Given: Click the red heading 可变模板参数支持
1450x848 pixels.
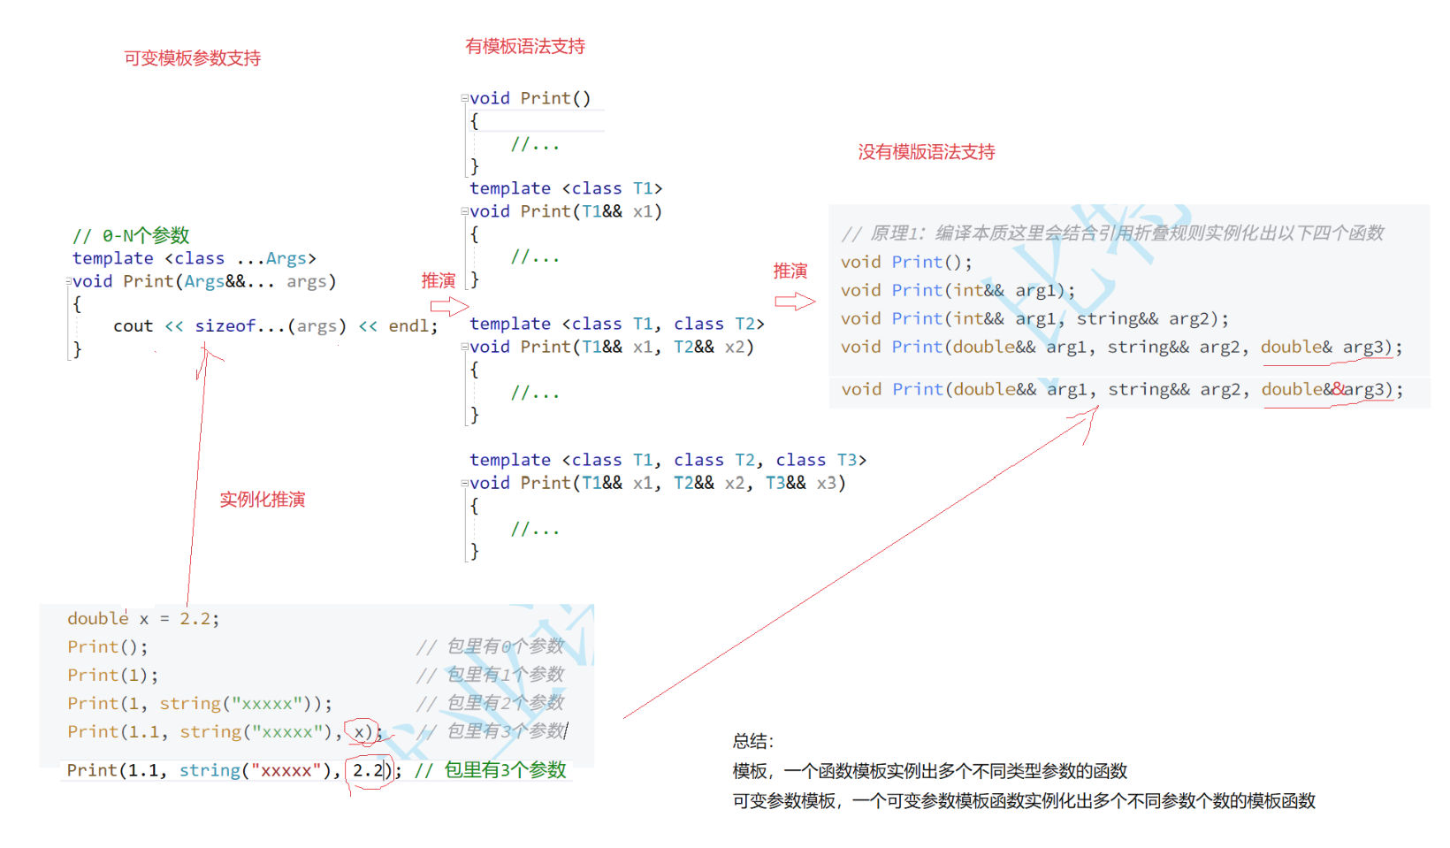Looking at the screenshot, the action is pyautogui.click(x=192, y=58).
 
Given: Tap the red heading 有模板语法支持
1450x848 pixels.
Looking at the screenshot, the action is pyautogui.click(x=525, y=47).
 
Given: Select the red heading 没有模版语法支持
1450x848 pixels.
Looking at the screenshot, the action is pyautogui.click(x=926, y=152).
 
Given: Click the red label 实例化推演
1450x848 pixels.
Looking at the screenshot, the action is pyautogui.click(x=262, y=500).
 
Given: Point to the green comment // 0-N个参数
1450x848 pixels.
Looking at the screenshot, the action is pyautogui.click(x=131, y=235).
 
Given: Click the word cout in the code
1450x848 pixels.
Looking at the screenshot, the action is pyautogui.click(x=133, y=326).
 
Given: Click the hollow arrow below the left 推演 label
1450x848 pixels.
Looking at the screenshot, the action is pyautogui.click(x=449, y=306).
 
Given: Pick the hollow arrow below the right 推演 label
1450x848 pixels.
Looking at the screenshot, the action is pyautogui.click(x=794, y=302).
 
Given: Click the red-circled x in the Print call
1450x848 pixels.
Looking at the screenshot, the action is pyautogui.click(x=361, y=731).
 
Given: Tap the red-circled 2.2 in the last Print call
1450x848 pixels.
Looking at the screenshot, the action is pyautogui.click(x=368, y=770).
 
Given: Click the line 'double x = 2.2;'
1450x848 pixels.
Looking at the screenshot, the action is pyautogui.click(x=143, y=619).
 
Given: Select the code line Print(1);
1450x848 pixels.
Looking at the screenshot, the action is pyautogui.click(x=112, y=676).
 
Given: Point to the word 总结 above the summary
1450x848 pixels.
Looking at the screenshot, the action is pyautogui.click(x=752, y=741).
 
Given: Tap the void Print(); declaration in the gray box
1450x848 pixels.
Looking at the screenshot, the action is pyautogui.click(x=905, y=263).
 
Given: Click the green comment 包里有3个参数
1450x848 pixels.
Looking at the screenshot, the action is pyautogui.click(x=504, y=770).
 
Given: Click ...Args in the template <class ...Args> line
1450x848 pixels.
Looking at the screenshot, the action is pyautogui.click(x=272, y=258).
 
